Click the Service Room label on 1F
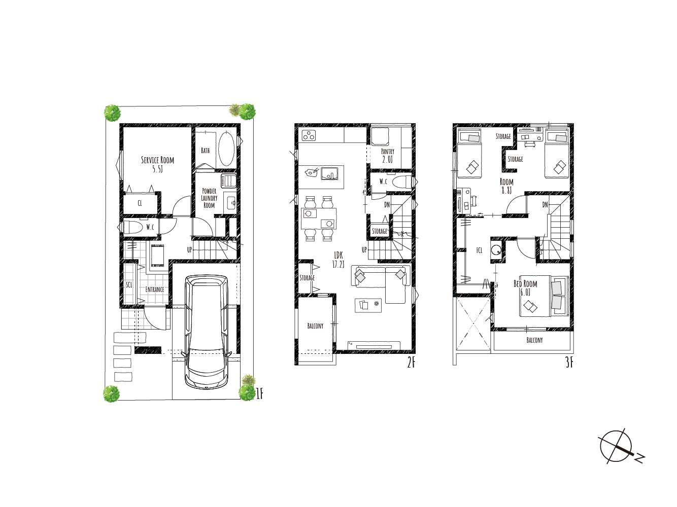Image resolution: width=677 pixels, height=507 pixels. [x=158, y=164]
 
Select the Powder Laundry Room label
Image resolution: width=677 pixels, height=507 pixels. [x=210, y=198]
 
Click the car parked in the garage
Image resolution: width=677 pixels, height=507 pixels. [x=207, y=332]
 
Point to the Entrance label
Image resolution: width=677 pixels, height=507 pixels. [x=155, y=289]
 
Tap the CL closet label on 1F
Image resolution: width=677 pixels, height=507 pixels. [x=140, y=203]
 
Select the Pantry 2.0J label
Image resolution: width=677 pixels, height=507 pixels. [x=388, y=156]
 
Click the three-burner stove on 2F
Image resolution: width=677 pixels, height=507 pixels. [x=309, y=135]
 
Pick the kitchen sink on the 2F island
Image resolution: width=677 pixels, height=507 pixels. [x=329, y=173]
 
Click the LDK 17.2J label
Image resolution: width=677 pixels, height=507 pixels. [x=338, y=260]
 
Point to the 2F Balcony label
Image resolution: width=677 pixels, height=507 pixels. [x=315, y=326]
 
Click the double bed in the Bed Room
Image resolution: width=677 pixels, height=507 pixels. [x=545, y=296]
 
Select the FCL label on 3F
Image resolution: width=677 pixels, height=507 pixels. [x=479, y=250]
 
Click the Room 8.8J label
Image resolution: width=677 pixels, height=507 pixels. [x=506, y=186]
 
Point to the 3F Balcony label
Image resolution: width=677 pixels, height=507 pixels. [x=534, y=340]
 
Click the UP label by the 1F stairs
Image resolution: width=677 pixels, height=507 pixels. [x=189, y=249]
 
